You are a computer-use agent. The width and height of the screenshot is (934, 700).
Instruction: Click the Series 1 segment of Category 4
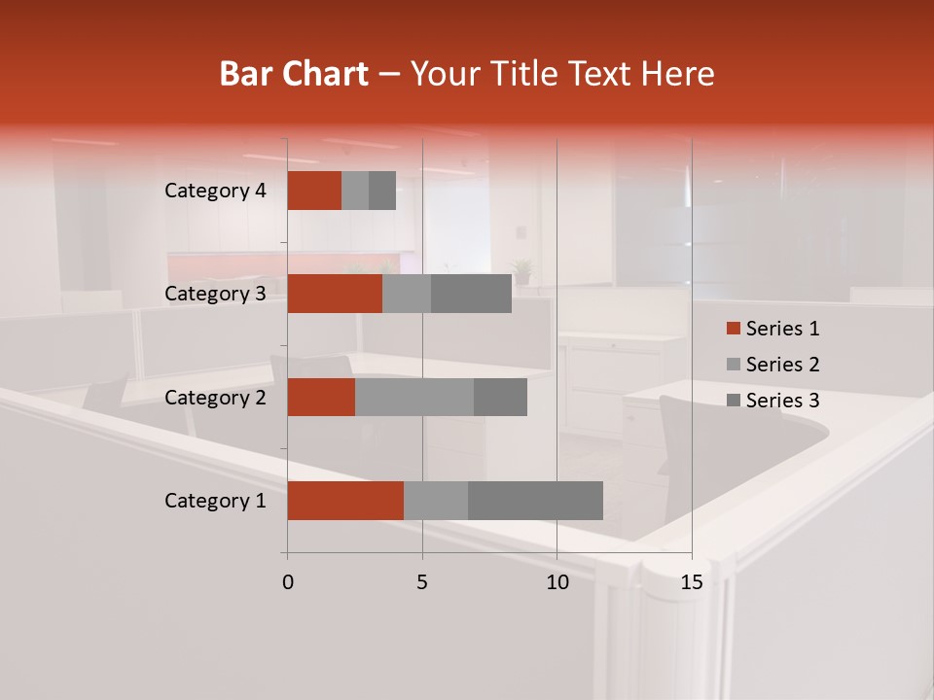tap(314, 191)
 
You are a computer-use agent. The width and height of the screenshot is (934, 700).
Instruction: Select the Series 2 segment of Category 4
tap(355, 191)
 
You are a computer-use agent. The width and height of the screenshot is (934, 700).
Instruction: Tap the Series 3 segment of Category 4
tap(382, 191)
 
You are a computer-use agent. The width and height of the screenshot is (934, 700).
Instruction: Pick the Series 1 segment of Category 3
tap(335, 294)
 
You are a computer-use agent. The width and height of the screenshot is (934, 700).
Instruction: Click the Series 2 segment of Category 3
tap(407, 294)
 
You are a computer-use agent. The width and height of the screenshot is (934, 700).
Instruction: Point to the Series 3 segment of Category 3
tap(471, 294)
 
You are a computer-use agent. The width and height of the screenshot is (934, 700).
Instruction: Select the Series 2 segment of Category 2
tap(414, 397)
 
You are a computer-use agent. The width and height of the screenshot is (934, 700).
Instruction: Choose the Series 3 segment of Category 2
tap(500, 397)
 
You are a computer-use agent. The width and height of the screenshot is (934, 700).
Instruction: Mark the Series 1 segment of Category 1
tap(345, 501)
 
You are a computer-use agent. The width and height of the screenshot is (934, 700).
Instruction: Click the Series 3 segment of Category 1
tap(535, 501)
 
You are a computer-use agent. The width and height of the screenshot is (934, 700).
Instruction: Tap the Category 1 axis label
tap(215, 501)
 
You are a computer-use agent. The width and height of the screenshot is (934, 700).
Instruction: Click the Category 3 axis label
tap(215, 294)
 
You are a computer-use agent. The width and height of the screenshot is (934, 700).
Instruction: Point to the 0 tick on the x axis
tap(288, 582)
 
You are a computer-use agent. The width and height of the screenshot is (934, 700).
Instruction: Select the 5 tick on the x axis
tap(422, 582)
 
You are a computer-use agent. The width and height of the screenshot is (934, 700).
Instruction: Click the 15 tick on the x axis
tap(691, 582)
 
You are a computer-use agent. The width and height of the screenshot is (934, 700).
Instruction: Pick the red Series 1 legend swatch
tap(733, 329)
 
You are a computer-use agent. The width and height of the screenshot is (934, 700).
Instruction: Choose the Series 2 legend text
tap(783, 365)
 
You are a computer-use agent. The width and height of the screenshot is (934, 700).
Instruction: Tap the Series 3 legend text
tap(783, 401)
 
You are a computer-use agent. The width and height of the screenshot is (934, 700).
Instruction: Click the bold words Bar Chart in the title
tap(294, 74)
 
